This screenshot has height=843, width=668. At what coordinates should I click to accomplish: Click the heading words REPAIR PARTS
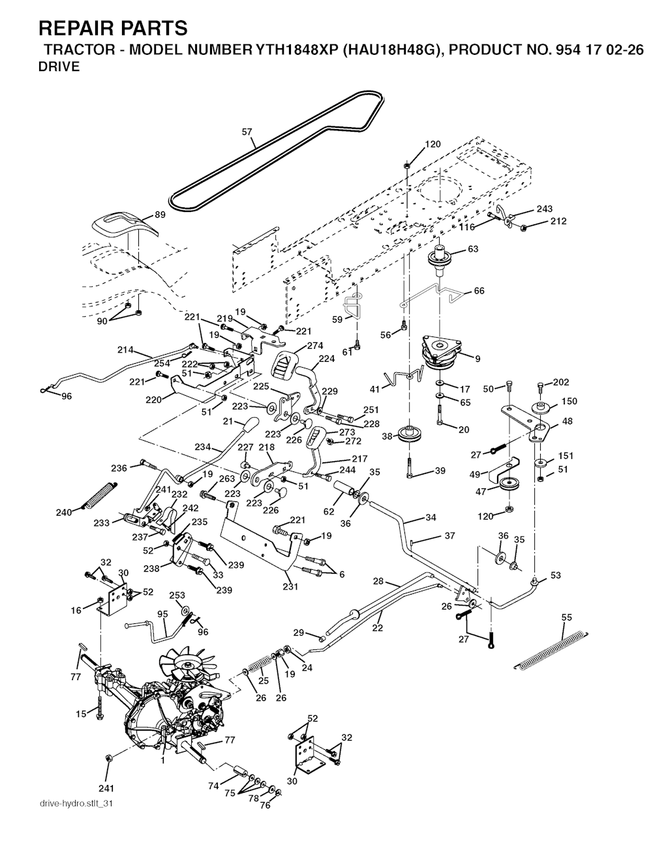click(x=113, y=28)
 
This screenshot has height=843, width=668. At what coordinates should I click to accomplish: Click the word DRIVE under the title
click(x=59, y=67)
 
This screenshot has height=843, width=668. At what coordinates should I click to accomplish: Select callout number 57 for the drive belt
click(x=247, y=132)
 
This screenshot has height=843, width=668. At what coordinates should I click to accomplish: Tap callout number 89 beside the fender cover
click(x=159, y=214)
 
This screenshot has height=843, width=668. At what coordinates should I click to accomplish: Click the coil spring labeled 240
click(x=100, y=496)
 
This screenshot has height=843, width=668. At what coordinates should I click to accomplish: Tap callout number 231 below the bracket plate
click(x=290, y=586)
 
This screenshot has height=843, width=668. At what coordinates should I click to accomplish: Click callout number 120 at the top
click(x=433, y=144)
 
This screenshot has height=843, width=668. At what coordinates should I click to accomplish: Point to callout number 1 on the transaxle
click(x=163, y=760)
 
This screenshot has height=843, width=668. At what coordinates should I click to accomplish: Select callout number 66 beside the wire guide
click(x=479, y=291)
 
